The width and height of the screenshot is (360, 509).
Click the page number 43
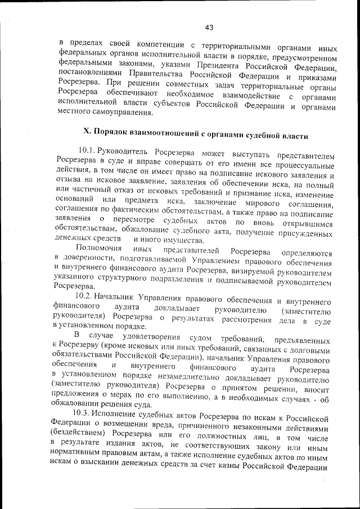(209, 27)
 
